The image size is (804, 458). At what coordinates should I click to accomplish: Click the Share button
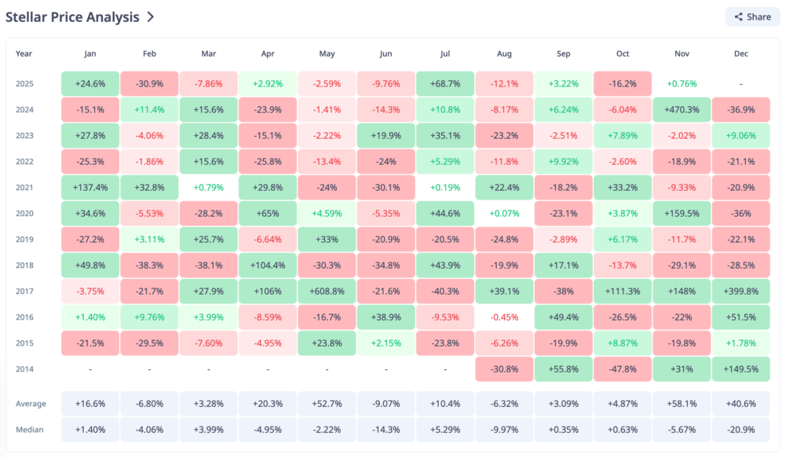[x=752, y=16]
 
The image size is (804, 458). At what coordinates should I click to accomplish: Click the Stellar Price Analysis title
[x=72, y=16]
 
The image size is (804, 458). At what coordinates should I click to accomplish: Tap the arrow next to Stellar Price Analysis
[x=150, y=16]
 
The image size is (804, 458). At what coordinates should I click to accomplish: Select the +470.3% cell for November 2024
[x=682, y=109]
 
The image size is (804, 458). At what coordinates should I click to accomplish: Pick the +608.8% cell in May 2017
[x=327, y=291]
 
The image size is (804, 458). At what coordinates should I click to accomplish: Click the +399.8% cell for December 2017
[x=741, y=291]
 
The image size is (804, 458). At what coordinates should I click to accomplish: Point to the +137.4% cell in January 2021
[x=90, y=187]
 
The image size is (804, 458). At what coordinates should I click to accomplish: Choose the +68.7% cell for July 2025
[x=445, y=83]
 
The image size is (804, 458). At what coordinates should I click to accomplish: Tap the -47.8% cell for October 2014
[x=623, y=368]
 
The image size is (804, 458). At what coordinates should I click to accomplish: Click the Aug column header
[x=504, y=53]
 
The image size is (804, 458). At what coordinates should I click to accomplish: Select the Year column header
[x=24, y=53]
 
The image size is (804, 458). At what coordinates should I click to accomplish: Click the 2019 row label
[x=24, y=239]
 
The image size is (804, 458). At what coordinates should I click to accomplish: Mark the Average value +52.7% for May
[x=327, y=404]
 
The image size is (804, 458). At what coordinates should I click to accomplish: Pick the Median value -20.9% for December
[x=741, y=430]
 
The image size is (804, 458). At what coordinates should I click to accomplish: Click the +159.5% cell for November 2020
[x=682, y=213]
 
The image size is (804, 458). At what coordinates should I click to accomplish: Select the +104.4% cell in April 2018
[x=268, y=265]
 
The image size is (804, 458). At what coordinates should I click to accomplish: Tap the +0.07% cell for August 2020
[x=504, y=213]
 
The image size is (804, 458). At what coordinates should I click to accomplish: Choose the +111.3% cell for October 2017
[x=623, y=291]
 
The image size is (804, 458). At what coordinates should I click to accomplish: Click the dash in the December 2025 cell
[x=741, y=83]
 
